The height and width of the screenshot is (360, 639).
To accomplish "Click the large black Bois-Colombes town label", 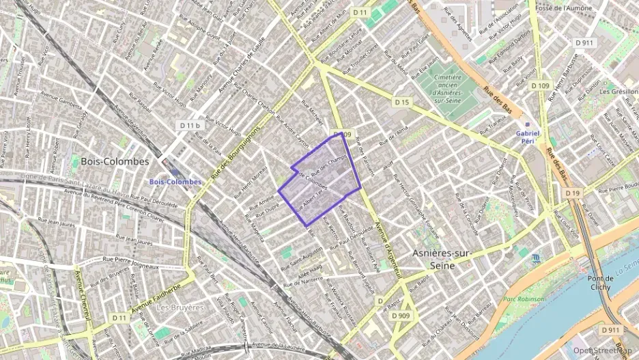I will [x=115, y=162].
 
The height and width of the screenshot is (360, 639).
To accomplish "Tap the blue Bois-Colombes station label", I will [x=175, y=182].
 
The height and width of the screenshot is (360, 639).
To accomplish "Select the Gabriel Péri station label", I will [x=528, y=137].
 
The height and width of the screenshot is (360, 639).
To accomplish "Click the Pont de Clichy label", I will [x=599, y=283].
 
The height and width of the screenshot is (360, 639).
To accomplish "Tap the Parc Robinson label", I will [x=524, y=299].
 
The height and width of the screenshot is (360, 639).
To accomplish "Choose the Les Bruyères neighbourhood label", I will [x=180, y=307].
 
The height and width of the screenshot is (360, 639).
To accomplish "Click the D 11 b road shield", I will [x=190, y=126].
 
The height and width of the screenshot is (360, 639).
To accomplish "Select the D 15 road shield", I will [x=401, y=102].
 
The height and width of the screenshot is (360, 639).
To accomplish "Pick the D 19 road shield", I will [x=572, y=193].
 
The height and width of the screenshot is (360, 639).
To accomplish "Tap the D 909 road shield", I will [x=401, y=316].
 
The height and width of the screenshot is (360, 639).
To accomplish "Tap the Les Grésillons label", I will [x=620, y=91].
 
